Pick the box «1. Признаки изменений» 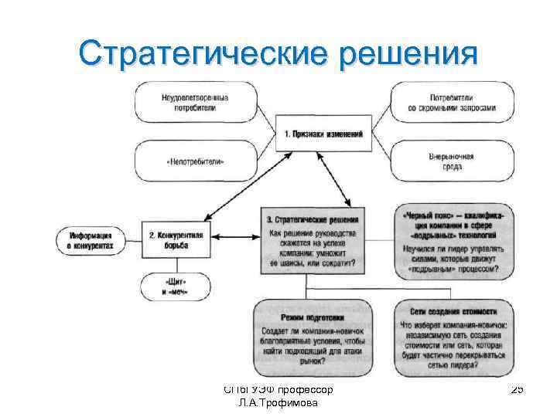click(323, 134)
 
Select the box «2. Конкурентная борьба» click(176, 239)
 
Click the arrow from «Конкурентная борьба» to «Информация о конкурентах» click(131, 239)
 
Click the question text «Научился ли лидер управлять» click(453, 249)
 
